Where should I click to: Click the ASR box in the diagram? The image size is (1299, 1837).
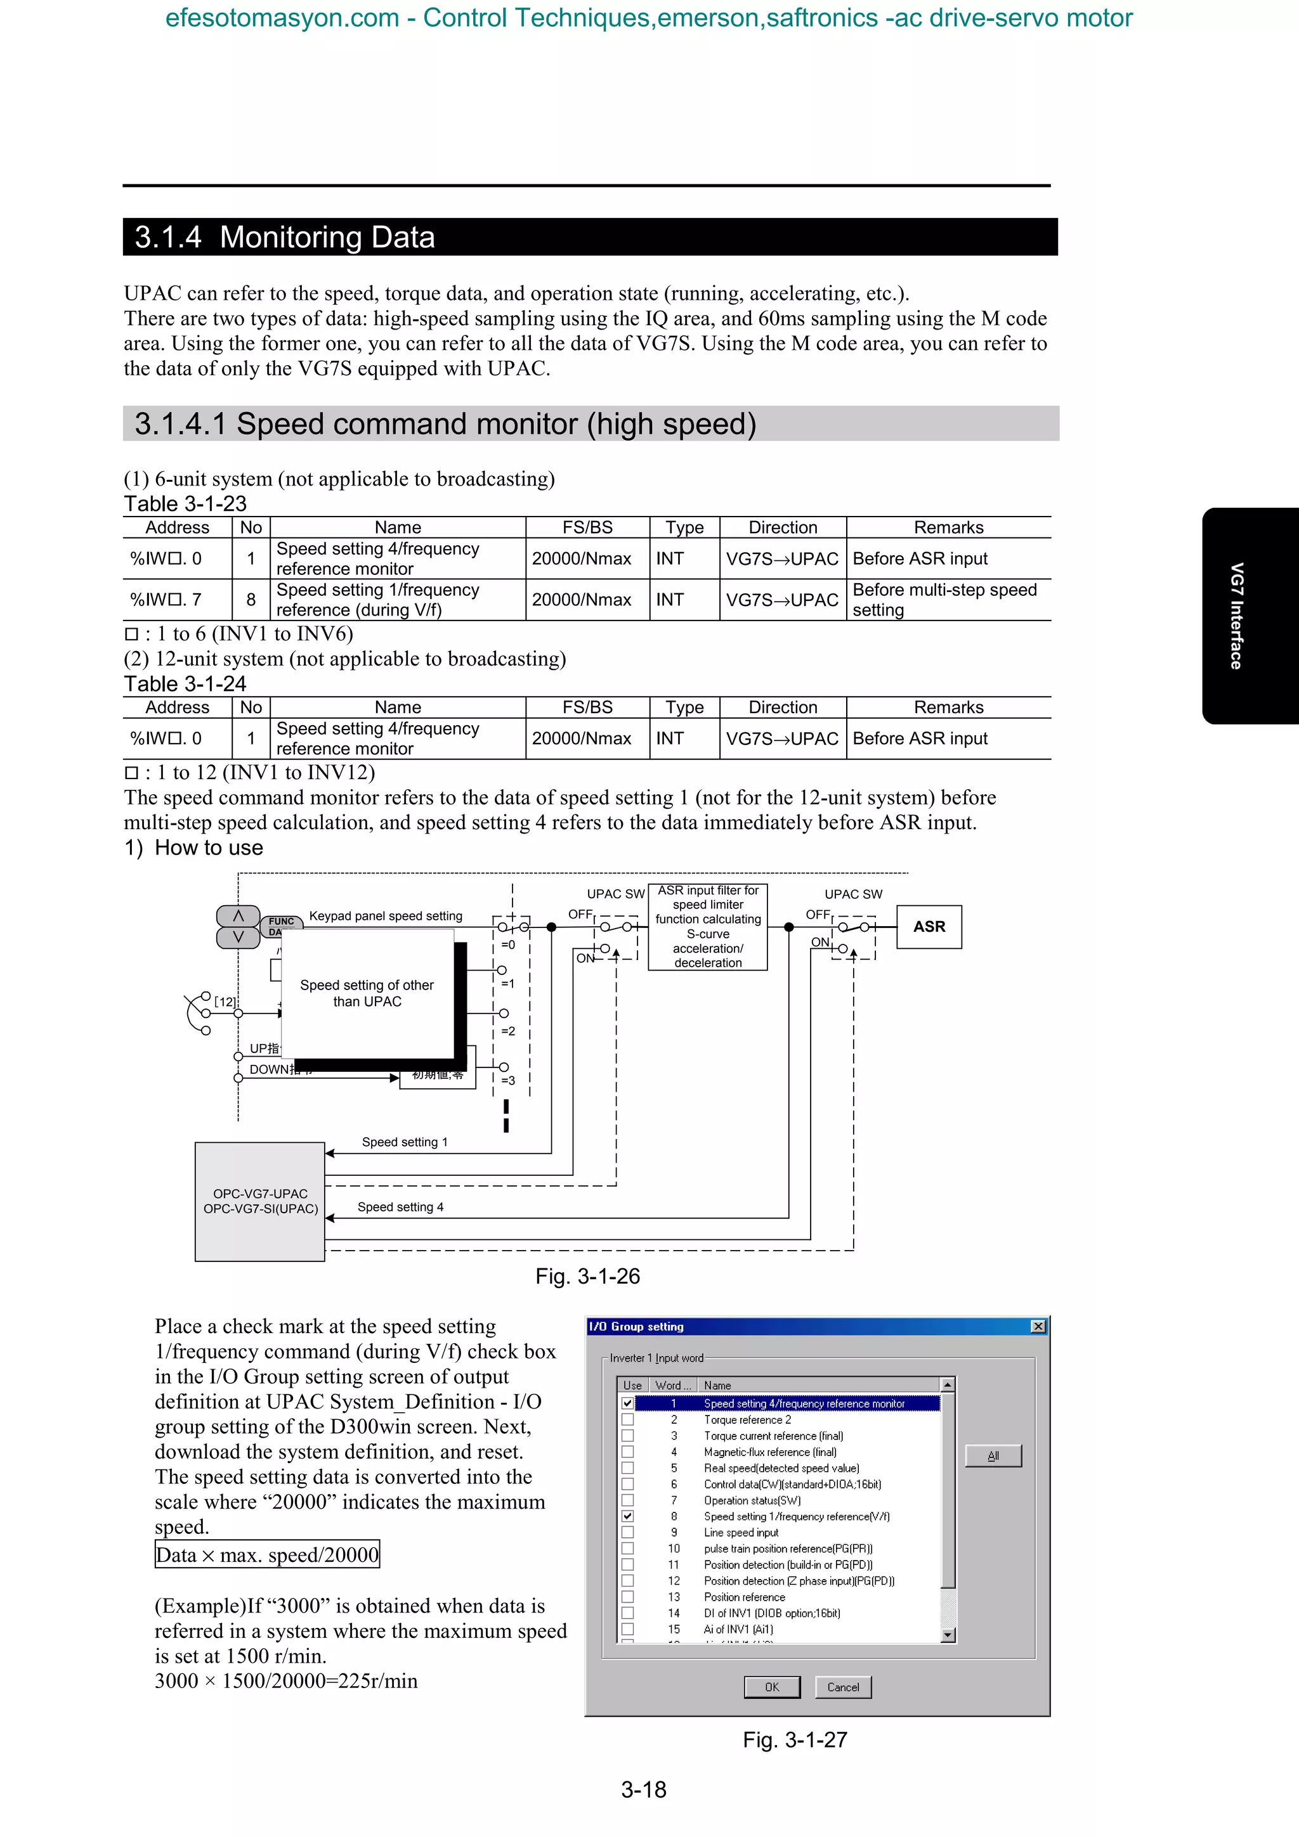(929, 927)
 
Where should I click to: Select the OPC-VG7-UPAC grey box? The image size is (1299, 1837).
(259, 1201)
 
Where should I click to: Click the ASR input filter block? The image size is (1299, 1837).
(707, 927)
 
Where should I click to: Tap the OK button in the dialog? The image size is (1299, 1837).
(771, 1687)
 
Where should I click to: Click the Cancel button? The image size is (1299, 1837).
(843, 1687)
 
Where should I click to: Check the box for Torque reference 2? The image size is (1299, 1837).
(627, 1419)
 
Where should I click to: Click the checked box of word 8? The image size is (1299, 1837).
(627, 1516)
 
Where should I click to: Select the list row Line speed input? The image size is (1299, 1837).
(740, 1532)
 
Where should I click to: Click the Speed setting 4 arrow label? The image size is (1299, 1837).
(400, 1206)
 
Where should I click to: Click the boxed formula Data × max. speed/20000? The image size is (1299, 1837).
(266, 1554)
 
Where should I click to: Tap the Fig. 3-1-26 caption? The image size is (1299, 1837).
(587, 1276)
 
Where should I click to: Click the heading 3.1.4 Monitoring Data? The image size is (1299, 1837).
(285, 237)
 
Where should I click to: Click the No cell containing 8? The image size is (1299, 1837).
(251, 599)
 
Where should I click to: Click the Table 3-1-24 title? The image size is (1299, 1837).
(185, 684)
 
